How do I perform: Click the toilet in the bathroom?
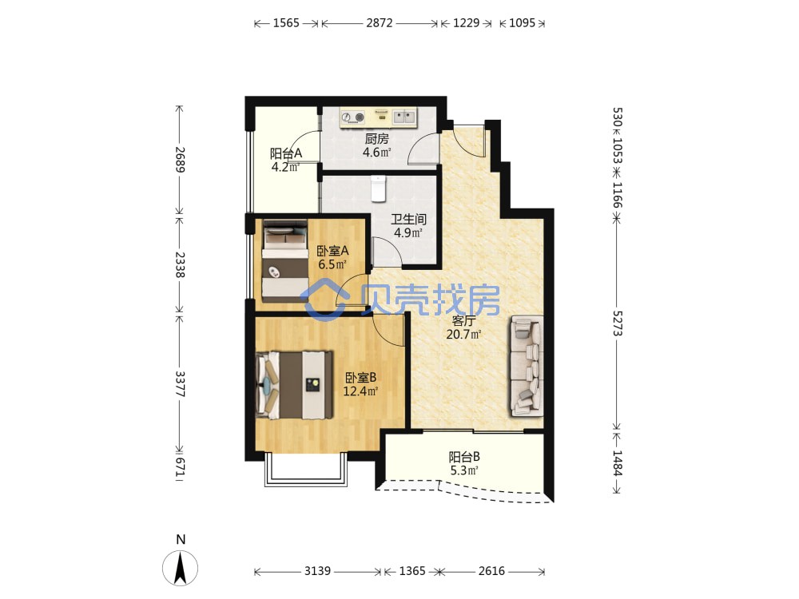click(378, 188)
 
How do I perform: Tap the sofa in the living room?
click(526, 366)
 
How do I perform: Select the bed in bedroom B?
click(295, 385)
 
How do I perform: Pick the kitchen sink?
click(404, 117)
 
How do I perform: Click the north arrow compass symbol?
click(181, 567)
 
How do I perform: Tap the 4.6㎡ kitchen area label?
click(376, 152)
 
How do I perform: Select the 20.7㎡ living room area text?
click(463, 335)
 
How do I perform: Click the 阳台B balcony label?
click(464, 457)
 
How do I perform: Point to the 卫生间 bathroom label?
click(408, 220)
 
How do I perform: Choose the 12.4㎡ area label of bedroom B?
click(360, 391)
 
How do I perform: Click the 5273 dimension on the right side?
click(618, 323)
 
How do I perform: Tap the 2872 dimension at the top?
click(379, 23)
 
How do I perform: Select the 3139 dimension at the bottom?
click(317, 571)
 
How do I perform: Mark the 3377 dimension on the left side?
click(180, 383)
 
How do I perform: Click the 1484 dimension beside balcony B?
click(618, 462)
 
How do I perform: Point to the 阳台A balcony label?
click(286, 153)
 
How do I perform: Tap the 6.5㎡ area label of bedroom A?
click(332, 264)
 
